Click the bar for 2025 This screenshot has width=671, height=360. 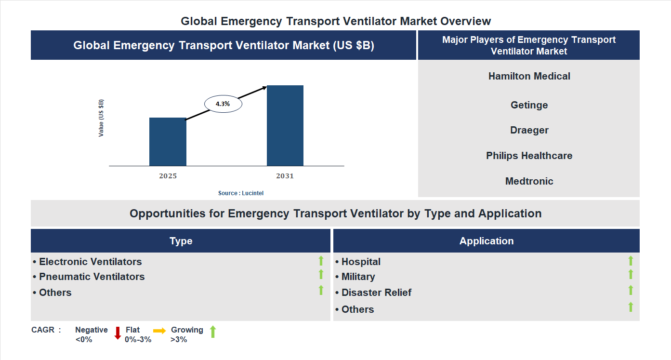168,142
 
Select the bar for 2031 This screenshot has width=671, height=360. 285,126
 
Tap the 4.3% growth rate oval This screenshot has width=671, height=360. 223,104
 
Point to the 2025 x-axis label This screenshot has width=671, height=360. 168,176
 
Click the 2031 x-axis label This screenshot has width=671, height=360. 285,176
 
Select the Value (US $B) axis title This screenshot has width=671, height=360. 101,118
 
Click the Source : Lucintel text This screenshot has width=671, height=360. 241,193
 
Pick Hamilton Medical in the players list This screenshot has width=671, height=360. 529,76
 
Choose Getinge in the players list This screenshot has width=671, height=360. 529,105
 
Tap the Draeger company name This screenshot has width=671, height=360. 529,130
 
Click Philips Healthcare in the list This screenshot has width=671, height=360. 529,156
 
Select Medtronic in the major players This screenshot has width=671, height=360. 529,181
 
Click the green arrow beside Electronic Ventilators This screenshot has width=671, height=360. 321,261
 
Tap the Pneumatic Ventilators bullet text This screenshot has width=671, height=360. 92,277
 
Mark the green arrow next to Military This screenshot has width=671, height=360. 631,274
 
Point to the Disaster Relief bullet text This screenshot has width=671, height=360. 376,293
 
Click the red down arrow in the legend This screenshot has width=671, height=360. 118,333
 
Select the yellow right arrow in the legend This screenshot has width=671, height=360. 159,331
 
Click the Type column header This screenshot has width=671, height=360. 181,241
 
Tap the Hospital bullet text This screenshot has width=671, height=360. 361,262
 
